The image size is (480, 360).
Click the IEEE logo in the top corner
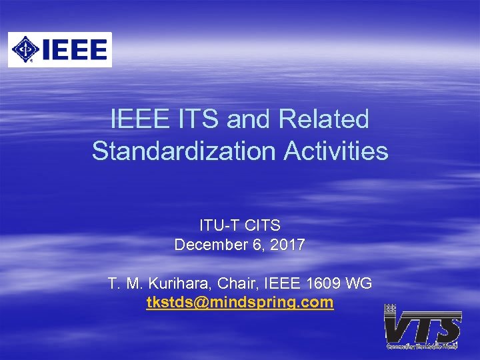60,49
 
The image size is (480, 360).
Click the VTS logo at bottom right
423,327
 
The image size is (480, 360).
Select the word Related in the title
324,120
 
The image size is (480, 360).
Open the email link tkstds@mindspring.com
240,303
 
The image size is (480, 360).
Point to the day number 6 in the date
257,245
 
